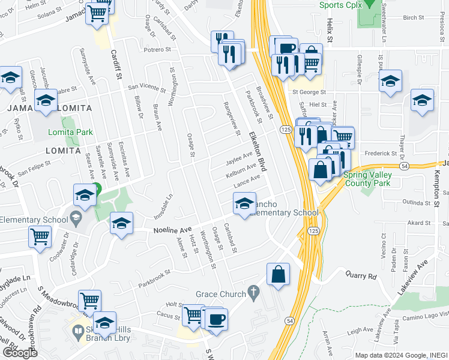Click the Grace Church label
[x=221, y=294]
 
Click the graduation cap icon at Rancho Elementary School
[x=244, y=205]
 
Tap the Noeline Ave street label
[x=173, y=230]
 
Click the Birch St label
[x=414, y=18]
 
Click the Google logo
[x=20, y=352]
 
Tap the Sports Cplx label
[x=340, y=5]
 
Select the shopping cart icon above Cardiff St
[x=98, y=14]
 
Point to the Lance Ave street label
[x=247, y=180]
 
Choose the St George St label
[x=309, y=92]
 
